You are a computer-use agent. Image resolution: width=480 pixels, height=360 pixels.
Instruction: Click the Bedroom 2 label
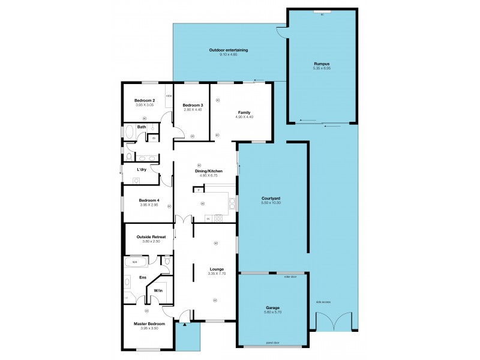click(145, 100)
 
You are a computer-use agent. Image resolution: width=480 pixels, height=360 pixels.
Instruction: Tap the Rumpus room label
click(322, 64)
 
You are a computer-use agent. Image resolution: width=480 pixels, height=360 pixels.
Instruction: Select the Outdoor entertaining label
click(229, 50)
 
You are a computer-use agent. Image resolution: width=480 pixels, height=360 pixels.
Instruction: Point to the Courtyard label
click(272, 198)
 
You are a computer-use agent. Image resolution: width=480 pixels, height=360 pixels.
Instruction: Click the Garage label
click(272, 308)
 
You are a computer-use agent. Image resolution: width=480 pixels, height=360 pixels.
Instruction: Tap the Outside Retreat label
click(151, 238)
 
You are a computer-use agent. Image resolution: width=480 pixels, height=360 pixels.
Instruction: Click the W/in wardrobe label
click(158, 290)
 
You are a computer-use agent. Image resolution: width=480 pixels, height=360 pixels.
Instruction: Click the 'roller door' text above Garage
click(291, 277)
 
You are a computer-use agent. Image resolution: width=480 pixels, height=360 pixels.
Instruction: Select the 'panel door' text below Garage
click(273, 344)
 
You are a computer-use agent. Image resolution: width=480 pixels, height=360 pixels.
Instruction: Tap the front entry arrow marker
click(185, 324)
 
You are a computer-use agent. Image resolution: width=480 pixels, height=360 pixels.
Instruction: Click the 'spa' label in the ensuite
click(134, 262)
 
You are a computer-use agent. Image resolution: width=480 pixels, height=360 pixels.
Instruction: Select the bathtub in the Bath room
click(129, 132)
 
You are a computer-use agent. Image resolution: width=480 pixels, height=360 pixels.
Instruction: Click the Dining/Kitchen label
click(209, 171)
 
